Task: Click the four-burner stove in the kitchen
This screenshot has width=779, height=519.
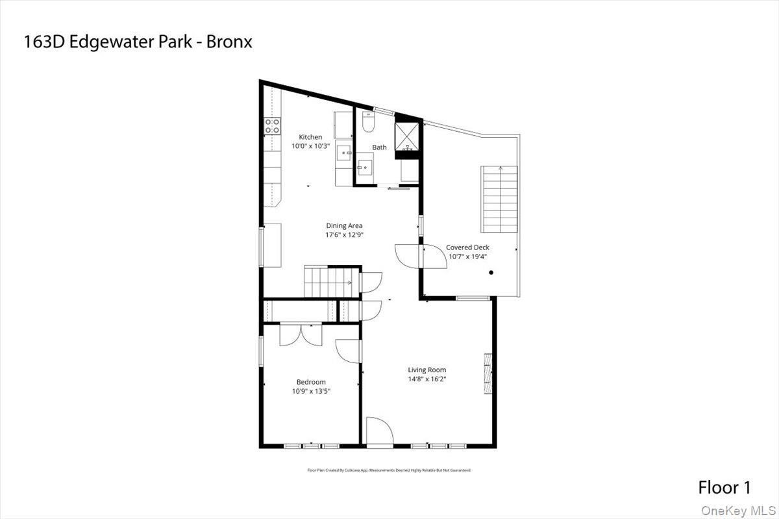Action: point(272,125)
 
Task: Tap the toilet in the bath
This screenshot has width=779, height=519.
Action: point(367,121)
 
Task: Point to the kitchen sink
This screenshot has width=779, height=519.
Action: point(343,154)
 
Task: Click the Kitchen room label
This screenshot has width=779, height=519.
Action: point(310,137)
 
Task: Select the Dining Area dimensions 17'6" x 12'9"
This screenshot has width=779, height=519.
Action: point(345,235)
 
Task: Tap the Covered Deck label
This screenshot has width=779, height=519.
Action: point(467,247)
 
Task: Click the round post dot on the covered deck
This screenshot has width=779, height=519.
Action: point(491,273)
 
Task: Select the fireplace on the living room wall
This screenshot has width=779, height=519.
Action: point(488,373)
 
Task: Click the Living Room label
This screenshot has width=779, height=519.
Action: point(427,370)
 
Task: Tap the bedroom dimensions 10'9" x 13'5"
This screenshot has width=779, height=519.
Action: point(311,391)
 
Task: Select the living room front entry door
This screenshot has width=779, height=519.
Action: point(380,433)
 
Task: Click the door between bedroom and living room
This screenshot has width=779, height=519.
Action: point(349,351)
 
